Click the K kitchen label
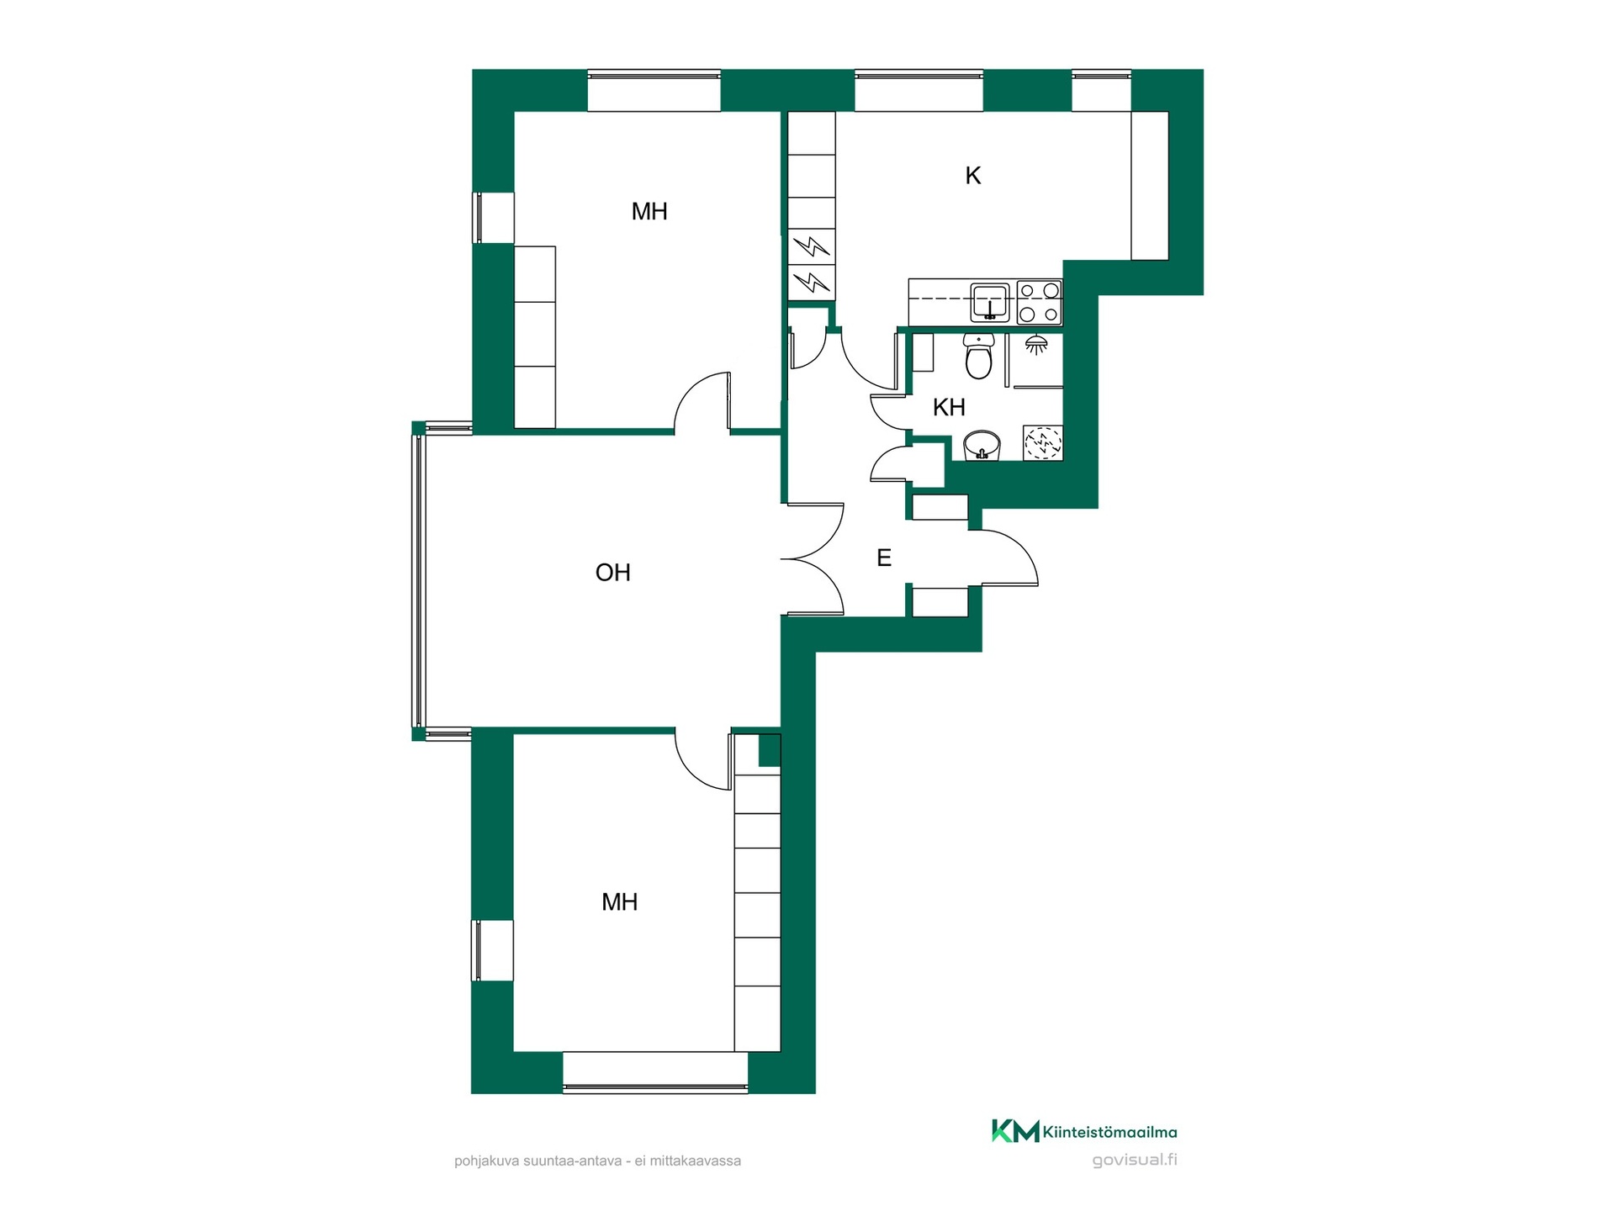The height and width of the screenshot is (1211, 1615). click(973, 176)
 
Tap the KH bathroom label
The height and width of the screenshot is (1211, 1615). click(949, 408)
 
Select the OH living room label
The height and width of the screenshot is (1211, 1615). click(612, 573)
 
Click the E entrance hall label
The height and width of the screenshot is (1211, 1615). click(884, 558)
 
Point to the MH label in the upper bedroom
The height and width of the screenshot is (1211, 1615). click(649, 212)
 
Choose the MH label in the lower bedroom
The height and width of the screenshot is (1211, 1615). click(620, 902)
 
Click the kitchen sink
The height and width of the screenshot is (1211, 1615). click(990, 303)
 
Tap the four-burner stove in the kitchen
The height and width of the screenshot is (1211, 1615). click(1040, 303)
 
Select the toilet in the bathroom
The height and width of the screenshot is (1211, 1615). click(978, 356)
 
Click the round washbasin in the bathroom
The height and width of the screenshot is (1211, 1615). click(982, 445)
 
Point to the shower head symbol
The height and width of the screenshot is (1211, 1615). click(1036, 344)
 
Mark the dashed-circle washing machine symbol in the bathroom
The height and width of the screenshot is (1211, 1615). click(1043, 443)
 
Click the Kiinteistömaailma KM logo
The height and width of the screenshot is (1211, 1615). click(1015, 1131)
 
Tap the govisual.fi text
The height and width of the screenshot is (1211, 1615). click(1135, 1161)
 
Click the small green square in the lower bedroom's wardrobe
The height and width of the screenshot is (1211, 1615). click(770, 750)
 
